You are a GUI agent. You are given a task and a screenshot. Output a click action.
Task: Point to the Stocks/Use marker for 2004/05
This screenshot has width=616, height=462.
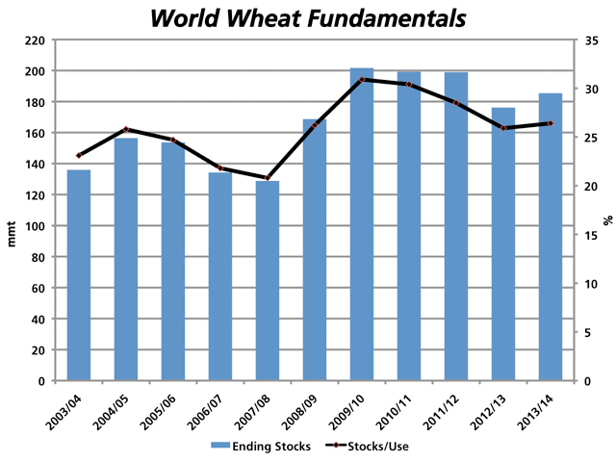click(126, 129)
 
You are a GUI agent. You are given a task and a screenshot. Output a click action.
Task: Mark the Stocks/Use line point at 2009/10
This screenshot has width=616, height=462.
click(362, 79)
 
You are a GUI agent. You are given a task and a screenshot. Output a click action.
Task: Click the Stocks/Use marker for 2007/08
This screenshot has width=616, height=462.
click(268, 178)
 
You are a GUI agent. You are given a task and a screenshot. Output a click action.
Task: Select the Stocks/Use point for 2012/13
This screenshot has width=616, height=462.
click(503, 128)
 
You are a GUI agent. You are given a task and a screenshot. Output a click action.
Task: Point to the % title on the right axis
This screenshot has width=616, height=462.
click(607, 220)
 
